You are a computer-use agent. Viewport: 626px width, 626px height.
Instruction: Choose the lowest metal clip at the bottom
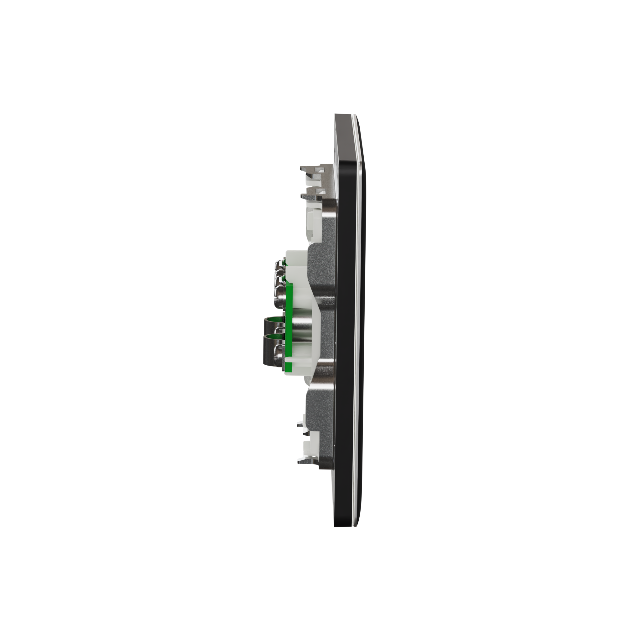(308, 459)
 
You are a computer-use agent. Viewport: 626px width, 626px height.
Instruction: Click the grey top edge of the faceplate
(344, 115)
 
